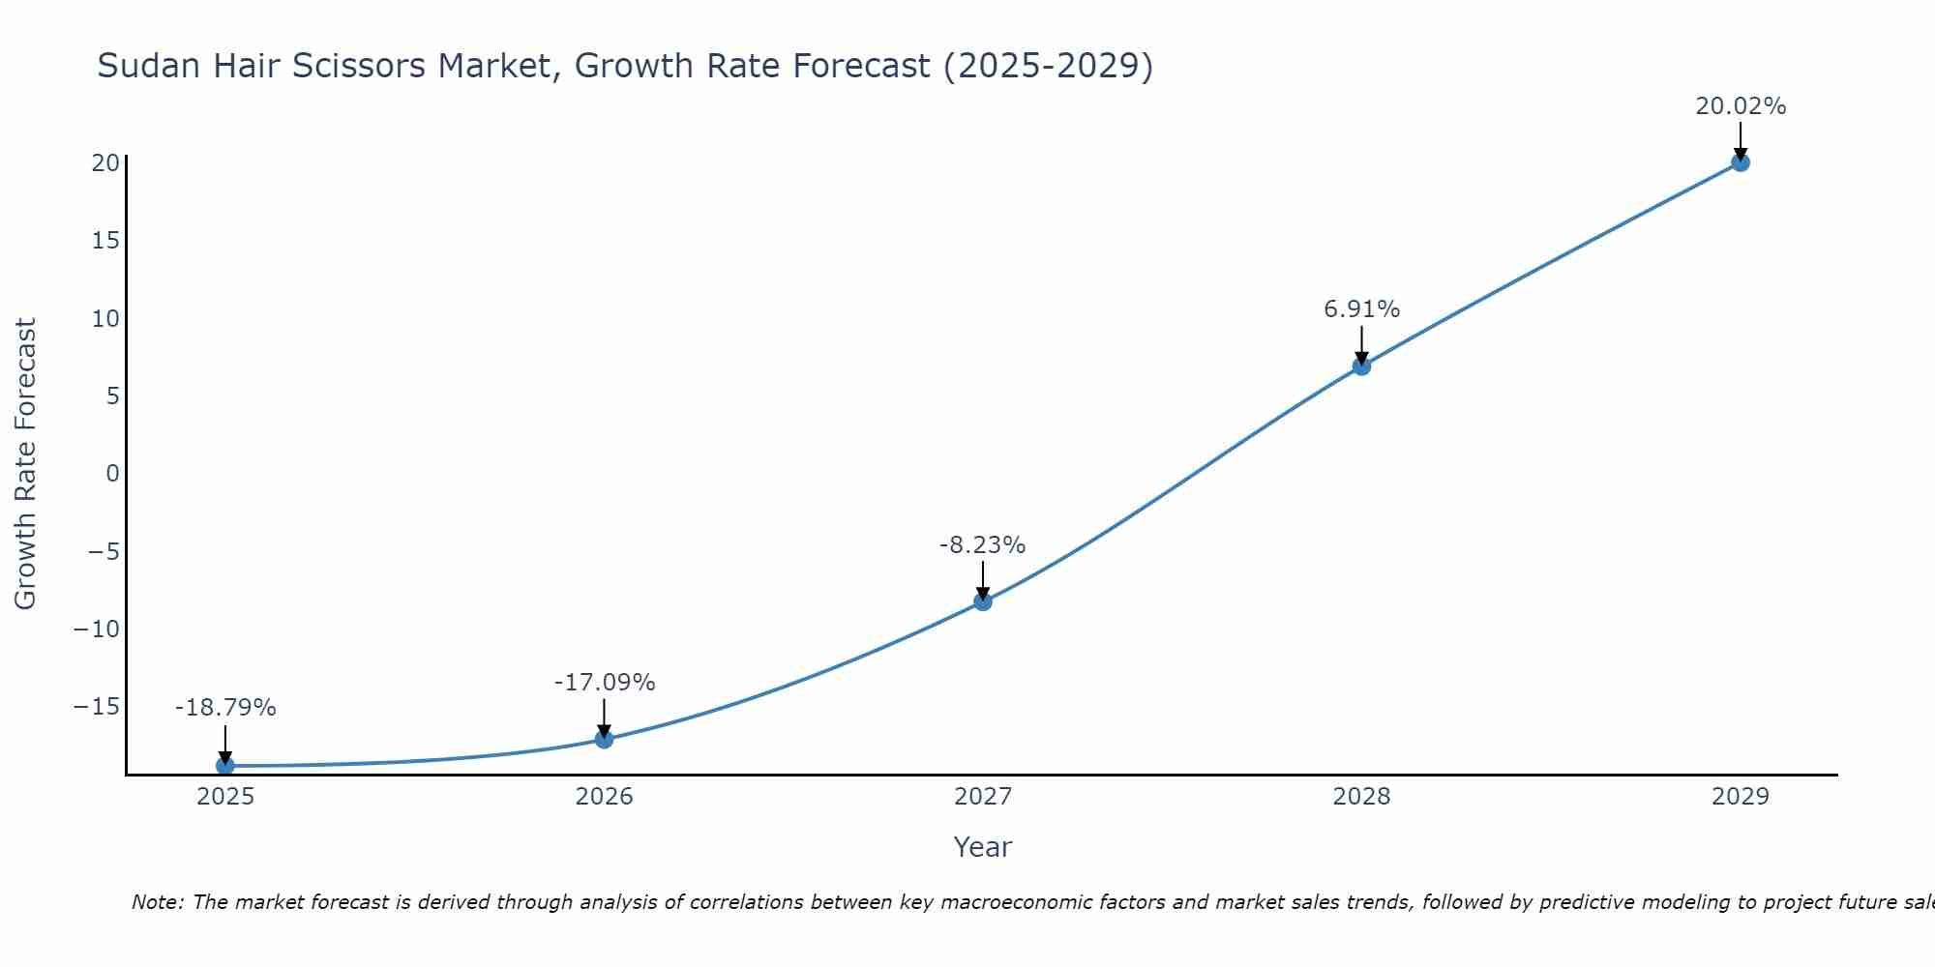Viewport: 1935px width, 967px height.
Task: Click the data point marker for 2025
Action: [225, 766]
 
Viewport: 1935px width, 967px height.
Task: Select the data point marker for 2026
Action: [604, 740]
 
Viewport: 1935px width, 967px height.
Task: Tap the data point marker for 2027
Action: [983, 601]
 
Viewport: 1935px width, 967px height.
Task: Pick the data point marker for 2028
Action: [1361, 366]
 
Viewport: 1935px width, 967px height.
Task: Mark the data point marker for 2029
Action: [1741, 162]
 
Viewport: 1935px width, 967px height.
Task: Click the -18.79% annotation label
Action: [225, 708]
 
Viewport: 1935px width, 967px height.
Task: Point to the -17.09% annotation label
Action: [605, 683]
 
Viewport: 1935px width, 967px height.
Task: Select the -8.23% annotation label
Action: [982, 545]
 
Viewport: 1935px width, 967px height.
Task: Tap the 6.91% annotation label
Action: [1361, 309]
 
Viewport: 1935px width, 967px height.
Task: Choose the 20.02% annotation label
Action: [1741, 106]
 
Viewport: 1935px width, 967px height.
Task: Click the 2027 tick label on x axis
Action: [983, 797]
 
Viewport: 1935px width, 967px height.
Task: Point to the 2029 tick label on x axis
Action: [1741, 797]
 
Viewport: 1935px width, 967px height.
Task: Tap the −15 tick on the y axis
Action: [97, 707]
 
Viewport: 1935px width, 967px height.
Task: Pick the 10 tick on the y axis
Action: [105, 318]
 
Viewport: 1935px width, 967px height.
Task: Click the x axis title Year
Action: [982, 847]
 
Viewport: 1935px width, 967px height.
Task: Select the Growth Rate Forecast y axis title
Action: [25, 464]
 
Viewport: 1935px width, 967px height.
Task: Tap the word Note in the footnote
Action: [156, 902]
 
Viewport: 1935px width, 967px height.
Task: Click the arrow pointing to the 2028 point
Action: [1361, 343]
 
